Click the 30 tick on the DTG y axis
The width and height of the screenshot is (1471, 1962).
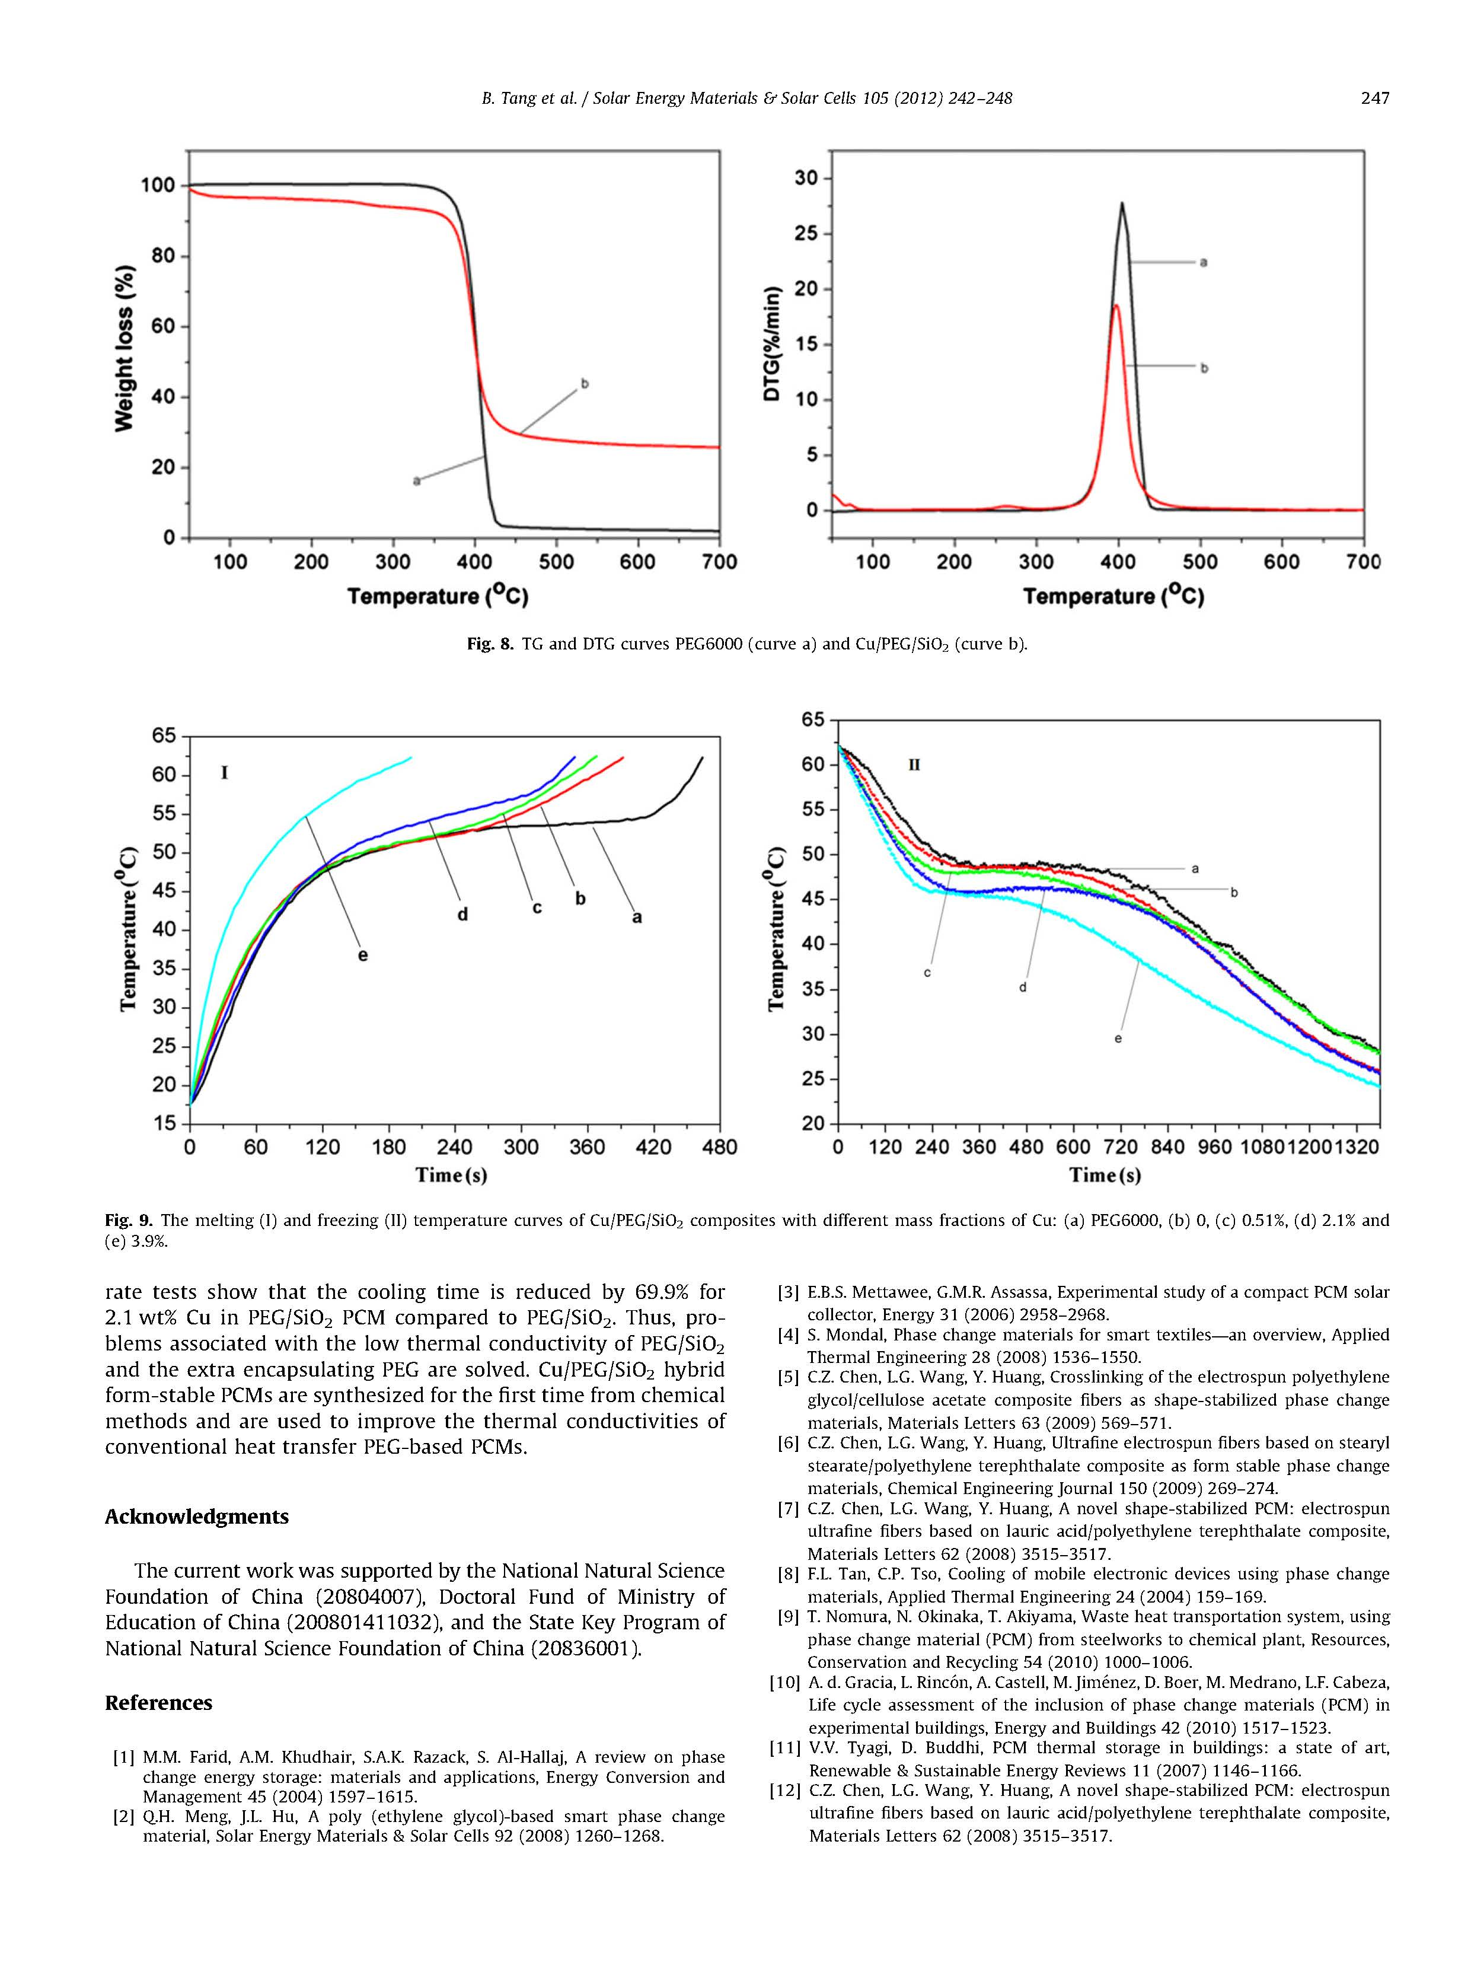(x=805, y=179)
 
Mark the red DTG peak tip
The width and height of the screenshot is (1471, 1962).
(x=1115, y=306)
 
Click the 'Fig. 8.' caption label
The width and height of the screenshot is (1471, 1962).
(x=490, y=644)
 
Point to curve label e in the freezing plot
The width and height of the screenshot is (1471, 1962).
(x=1118, y=1039)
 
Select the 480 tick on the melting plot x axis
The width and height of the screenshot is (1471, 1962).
(x=719, y=1148)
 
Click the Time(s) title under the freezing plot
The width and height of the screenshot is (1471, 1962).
(x=1105, y=1176)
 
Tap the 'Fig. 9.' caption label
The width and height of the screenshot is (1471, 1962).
(x=127, y=1221)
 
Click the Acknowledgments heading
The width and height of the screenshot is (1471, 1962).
(x=197, y=1517)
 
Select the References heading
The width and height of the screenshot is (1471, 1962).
(x=159, y=1703)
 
